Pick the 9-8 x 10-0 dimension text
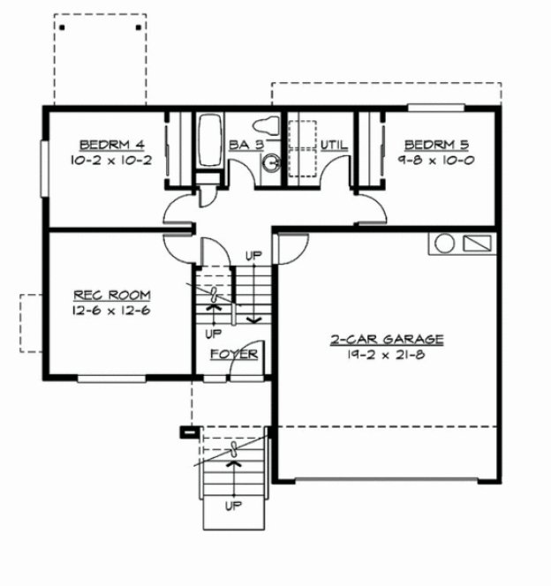tap(436, 161)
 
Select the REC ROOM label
tap(111, 295)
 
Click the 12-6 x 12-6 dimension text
tap(111, 311)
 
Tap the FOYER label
tap(234, 355)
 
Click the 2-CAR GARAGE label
tap(388, 339)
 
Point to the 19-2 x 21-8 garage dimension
tap(388, 355)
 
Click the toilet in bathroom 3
tap(265, 125)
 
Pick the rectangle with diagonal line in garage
tap(477, 243)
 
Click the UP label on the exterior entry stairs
tap(234, 507)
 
